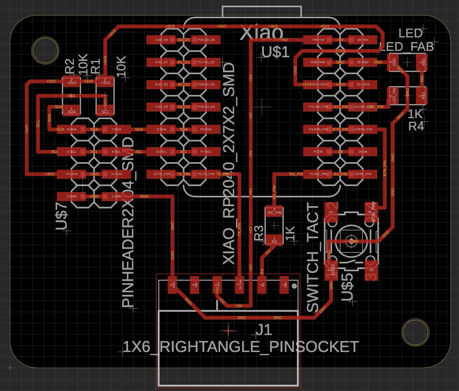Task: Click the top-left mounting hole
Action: tap(46, 49)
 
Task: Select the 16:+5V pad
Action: tap(362, 40)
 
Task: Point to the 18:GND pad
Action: tap(362, 62)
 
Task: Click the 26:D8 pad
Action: tap(362, 152)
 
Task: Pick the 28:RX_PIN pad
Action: tap(362, 174)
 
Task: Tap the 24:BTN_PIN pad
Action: tap(362, 129)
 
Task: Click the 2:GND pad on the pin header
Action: tap(72, 196)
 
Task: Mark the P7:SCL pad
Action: tap(206, 152)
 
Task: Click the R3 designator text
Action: tap(259, 233)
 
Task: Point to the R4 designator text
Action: tap(416, 126)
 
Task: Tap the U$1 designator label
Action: tap(275, 52)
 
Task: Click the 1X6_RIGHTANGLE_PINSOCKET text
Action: tap(240, 347)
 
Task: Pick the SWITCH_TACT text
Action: tap(313, 258)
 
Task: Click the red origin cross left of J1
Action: tap(229, 329)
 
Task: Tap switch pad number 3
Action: tap(371, 270)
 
